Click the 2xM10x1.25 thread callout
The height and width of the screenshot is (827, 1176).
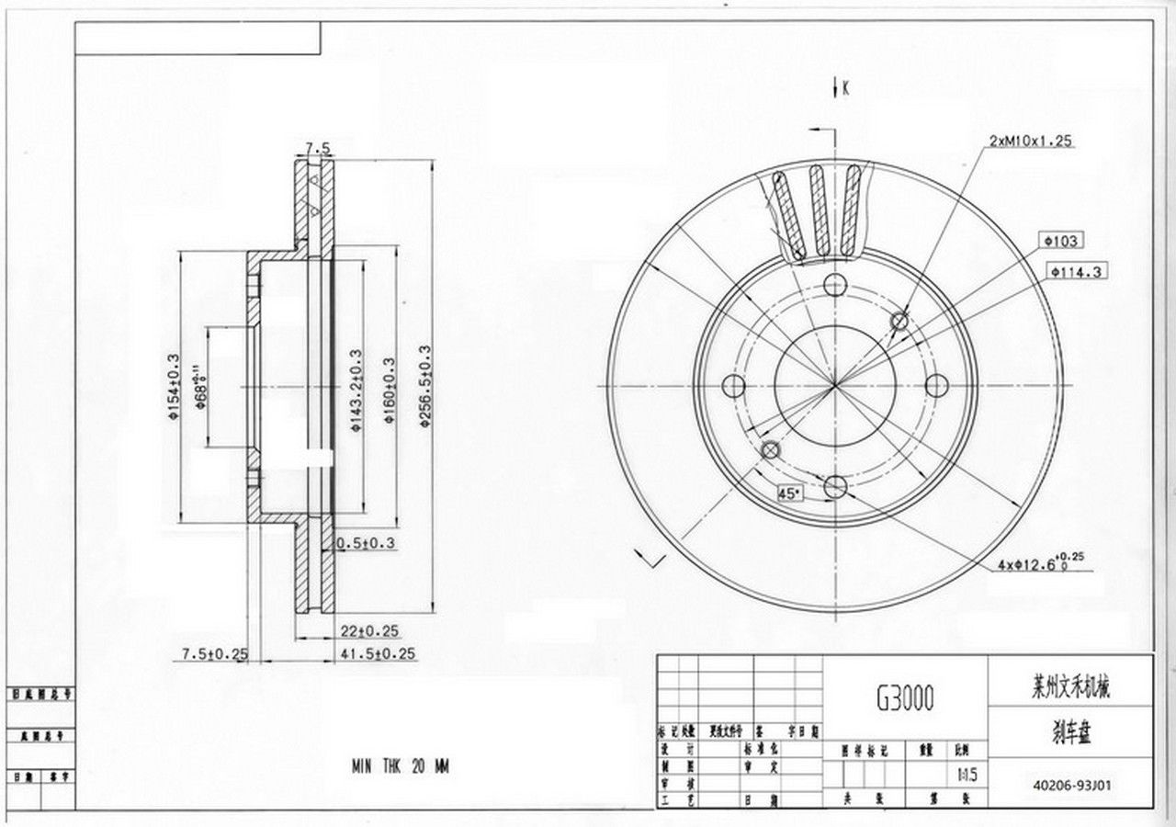(x=1031, y=141)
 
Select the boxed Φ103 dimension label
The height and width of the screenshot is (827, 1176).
(x=1060, y=241)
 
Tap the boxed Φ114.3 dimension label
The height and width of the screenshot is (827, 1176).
(x=1078, y=271)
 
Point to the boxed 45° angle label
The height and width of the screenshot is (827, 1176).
(x=789, y=493)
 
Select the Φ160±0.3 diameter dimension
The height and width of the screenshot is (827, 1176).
(x=389, y=391)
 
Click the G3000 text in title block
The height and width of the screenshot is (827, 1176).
(x=904, y=700)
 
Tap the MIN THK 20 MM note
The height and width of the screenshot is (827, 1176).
(x=400, y=765)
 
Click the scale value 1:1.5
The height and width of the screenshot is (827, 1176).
(x=967, y=776)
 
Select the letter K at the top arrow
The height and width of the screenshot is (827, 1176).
(x=845, y=88)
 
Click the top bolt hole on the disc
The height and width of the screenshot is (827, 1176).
(x=834, y=284)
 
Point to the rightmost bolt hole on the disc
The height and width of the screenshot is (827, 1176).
(x=936, y=385)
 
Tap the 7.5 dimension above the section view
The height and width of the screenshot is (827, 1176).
(x=317, y=147)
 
